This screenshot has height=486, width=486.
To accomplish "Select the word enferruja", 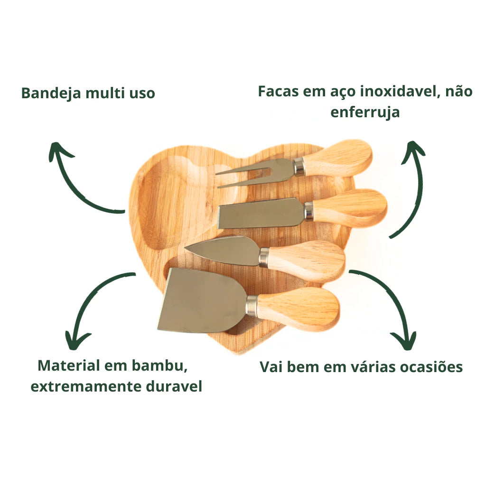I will point(364,113).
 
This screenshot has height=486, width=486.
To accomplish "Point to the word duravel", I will point(173,386).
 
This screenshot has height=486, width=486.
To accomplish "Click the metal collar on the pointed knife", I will point(263,256).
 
